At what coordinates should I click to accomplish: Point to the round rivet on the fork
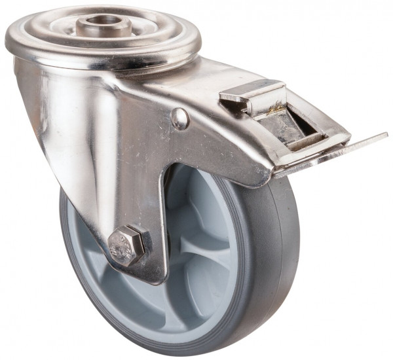(179, 118)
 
